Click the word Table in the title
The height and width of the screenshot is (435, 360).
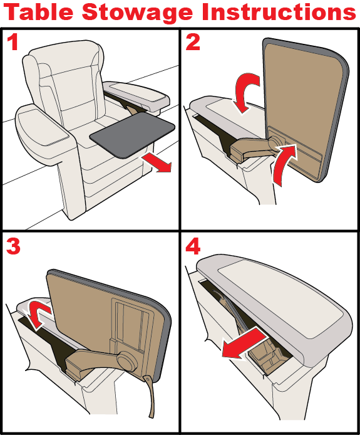(39, 12)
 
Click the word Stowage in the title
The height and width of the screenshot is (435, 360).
(138, 13)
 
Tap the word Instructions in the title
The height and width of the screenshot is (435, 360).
(279, 12)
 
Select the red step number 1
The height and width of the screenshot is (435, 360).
(13, 42)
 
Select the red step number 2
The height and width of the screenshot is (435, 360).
(193, 42)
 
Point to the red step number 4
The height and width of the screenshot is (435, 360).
(193, 246)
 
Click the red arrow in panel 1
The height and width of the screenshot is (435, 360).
(157, 162)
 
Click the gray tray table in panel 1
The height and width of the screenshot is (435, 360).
(133, 134)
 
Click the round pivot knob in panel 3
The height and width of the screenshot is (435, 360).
(126, 360)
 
